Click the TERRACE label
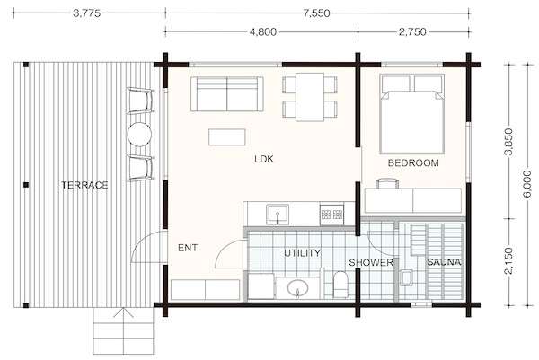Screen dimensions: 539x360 (84, 185)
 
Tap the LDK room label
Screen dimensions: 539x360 (264, 159)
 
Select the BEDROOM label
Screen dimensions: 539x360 (413, 162)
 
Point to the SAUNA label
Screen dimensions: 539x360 (444, 262)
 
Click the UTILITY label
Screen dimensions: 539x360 (302, 253)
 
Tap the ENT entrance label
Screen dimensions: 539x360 (188, 248)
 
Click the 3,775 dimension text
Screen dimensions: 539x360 (86, 13)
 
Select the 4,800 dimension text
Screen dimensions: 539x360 (262, 32)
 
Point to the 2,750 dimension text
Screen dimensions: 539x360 (412, 32)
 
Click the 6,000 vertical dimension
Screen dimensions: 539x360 (526, 184)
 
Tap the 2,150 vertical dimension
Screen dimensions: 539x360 (508, 261)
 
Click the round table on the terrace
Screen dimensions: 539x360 (139, 135)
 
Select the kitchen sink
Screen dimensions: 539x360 (278, 214)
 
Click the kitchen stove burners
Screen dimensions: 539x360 (331, 215)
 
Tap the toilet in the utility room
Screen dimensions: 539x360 (340, 285)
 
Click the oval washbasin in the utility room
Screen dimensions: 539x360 (297, 288)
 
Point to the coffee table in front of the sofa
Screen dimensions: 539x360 (227, 137)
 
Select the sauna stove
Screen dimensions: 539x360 (406, 277)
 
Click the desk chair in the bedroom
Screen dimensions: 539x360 (387, 183)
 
